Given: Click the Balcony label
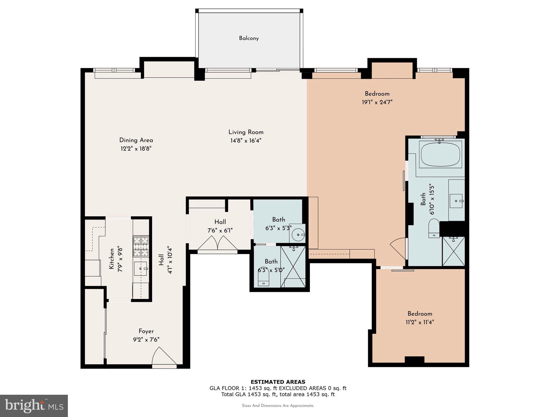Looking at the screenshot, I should pos(249,38).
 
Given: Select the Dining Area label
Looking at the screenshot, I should pos(136,140).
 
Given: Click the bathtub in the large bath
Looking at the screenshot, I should pos(441,154).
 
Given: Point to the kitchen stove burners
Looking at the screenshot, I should pos(141,246).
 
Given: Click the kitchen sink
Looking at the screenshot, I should pos(140,269).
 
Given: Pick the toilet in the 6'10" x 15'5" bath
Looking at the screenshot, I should pos(434,228).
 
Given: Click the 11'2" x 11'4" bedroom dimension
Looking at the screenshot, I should pos(420,322).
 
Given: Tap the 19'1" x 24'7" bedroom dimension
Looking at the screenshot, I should pos(377,102).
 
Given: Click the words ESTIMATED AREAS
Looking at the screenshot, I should pos(278,382).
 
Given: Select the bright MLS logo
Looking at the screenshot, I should pos(34,406).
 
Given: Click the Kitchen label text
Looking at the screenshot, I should pos(111,259).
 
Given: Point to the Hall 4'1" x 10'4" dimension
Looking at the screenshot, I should pos(170,260).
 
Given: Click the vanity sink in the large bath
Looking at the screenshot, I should pos(456,201).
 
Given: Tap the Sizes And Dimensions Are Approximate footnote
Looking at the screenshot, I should pos(278,406).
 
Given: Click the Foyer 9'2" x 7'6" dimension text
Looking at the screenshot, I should pos(146,340).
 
